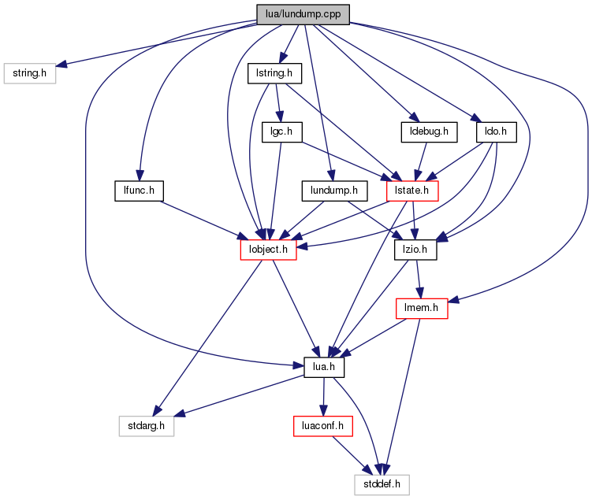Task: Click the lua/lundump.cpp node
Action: tap(303, 14)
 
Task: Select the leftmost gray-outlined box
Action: tap(30, 73)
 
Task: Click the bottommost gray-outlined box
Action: tap(382, 485)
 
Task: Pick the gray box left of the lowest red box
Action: tap(146, 426)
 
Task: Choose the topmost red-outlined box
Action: tap(412, 191)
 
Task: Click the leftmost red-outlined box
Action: tap(268, 250)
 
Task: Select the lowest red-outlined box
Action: tap(322, 426)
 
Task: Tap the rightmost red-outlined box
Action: tap(422, 309)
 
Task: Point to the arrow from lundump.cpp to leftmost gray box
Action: tap(158, 46)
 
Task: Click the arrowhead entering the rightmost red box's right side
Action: tap(453, 299)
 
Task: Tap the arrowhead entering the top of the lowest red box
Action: tap(322, 411)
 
